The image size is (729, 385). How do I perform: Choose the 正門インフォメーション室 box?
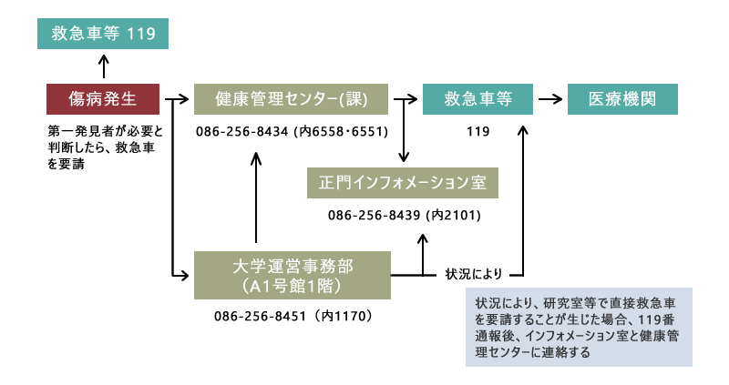tap(402, 183)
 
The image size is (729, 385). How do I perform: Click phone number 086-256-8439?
tap(373, 216)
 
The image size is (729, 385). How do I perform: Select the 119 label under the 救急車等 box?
tap(477, 132)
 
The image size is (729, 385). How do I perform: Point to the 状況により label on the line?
tap(473, 273)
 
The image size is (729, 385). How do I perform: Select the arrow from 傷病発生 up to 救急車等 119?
tap(103, 66)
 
